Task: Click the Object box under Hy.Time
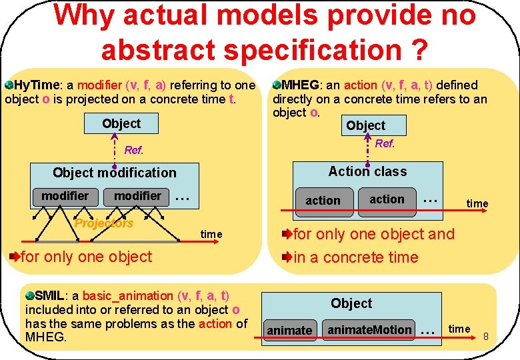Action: [121, 123]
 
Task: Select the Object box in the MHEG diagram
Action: [365, 125]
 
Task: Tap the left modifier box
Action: [65, 196]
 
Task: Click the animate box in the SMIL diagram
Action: [289, 330]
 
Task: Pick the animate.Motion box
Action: [369, 329]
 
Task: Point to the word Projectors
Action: [104, 223]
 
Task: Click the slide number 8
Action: [486, 336]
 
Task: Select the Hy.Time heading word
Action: [37, 85]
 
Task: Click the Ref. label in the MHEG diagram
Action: [385, 143]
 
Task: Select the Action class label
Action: [367, 171]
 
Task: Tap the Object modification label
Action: [115, 173]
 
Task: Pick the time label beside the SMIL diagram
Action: [459, 329]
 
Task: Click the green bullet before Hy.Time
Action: [9, 85]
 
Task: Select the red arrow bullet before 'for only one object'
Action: [15, 257]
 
